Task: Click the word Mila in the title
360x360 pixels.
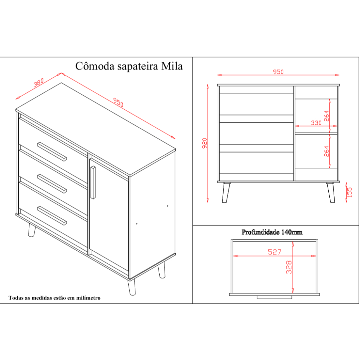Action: click(x=172, y=66)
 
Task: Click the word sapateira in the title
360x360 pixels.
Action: click(x=138, y=66)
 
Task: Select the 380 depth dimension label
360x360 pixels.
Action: click(x=39, y=83)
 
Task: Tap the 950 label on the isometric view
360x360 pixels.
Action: click(x=118, y=102)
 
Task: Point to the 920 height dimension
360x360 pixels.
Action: click(x=205, y=143)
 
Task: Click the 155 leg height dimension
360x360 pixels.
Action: click(x=349, y=192)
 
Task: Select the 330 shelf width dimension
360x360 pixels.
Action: click(x=316, y=123)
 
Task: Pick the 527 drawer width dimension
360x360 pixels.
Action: click(x=275, y=252)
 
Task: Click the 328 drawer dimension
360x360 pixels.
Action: click(x=289, y=267)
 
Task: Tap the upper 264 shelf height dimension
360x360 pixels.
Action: click(x=326, y=116)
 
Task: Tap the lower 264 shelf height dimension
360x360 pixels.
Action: click(x=326, y=151)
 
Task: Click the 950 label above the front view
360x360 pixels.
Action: click(x=278, y=72)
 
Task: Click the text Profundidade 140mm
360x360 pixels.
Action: click(x=272, y=232)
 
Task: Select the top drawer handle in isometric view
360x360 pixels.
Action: click(x=52, y=152)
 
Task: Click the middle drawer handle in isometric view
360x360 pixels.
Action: click(x=52, y=184)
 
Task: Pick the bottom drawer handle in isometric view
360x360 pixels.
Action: click(x=52, y=216)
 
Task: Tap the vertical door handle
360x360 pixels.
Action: click(x=93, y=182)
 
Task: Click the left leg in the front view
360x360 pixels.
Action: click(x=226, y=192)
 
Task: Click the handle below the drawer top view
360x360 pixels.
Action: click(x=274, y=297)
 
